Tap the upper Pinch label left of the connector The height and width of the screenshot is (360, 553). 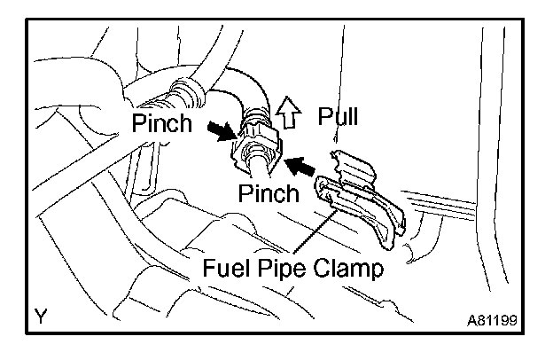coord(162,123)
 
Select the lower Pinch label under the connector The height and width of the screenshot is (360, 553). coord(269,193)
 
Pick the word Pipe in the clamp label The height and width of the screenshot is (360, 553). coord(279,268)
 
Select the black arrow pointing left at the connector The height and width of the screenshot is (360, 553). coord(301,165)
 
